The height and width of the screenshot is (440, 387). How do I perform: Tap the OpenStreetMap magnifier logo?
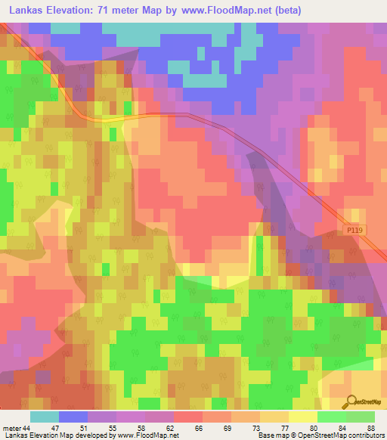click(348, 401)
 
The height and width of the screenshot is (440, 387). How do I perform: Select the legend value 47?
click(55, 428)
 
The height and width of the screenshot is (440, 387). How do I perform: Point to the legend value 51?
click(84, 428)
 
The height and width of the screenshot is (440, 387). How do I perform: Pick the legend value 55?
click(113, 428)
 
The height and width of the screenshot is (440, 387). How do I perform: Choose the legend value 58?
click(141, 428)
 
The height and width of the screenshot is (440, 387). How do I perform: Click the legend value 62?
click(170, 428)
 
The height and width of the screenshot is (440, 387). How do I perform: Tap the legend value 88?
click(371, 428)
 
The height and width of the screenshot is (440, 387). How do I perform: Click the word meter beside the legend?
click(12, 428)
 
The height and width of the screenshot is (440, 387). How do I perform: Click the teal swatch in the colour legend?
click(44, 417)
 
